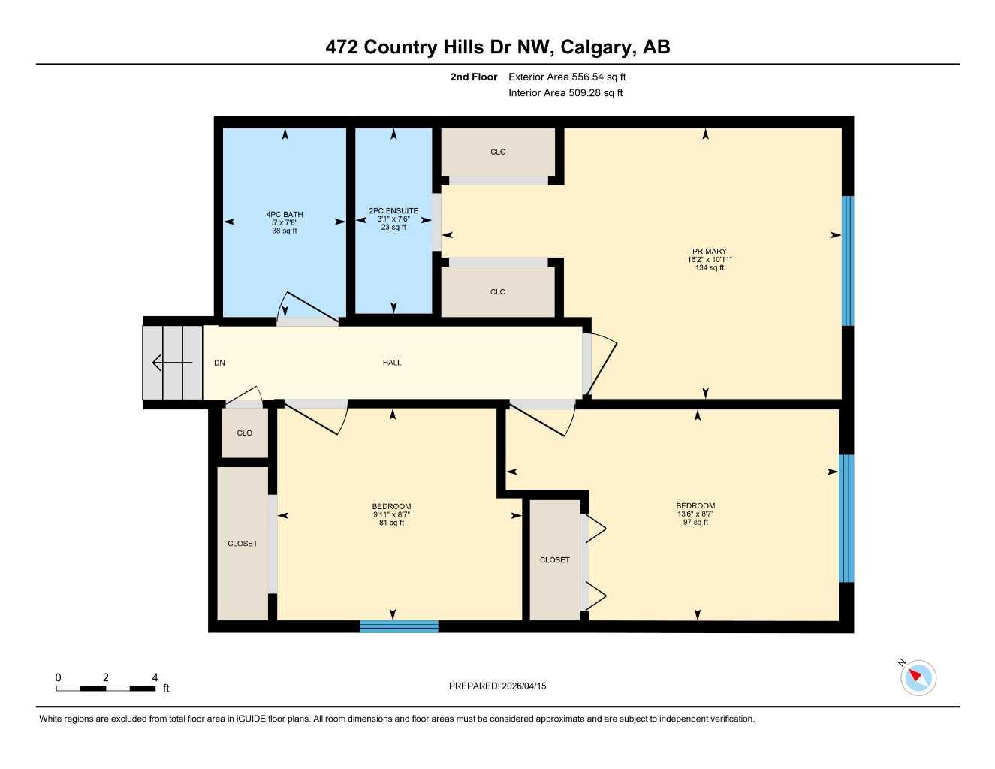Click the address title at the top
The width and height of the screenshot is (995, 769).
(x=497, y=47)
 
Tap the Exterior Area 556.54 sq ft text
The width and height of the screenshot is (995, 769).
(x=566, y=77)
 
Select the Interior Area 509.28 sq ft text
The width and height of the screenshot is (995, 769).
(x=565, y=93)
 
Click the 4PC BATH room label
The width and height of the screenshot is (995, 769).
(x=284, y=215)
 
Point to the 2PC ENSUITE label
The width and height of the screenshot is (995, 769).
(x=393, y=211)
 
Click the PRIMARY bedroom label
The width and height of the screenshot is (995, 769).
(x=709, y=252)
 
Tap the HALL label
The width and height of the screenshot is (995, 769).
(x=392, y=363)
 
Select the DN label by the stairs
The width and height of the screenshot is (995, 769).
(x=219, y=363)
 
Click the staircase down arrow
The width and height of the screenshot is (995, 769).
(x=172, y=363)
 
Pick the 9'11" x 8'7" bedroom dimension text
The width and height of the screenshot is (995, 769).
(x=392, y=514)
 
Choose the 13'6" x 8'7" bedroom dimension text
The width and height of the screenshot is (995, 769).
(x=695, y=514)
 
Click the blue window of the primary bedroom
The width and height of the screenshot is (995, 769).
(x=848, y=261)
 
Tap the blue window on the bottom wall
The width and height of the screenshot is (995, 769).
(x=399, y=626)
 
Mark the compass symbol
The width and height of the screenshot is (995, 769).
(x=918, y=677)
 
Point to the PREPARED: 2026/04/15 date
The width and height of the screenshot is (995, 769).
(x=497, y=686)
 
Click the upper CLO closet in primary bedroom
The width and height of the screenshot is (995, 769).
(x=498, y=152)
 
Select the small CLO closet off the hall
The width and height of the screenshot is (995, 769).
(x=244, y=433)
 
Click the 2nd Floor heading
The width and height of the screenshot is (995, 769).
(x=473, y=77)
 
